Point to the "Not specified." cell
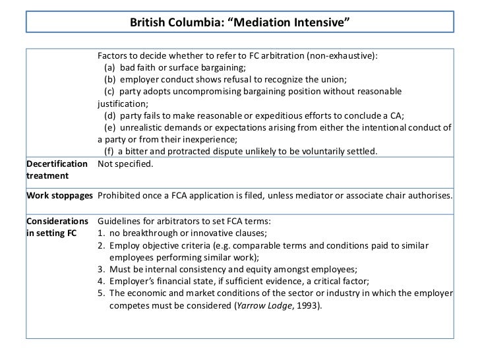click(125, 164)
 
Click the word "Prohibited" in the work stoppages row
click(119, 196)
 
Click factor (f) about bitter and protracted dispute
click(241, 151)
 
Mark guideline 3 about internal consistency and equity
click(227, 269)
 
